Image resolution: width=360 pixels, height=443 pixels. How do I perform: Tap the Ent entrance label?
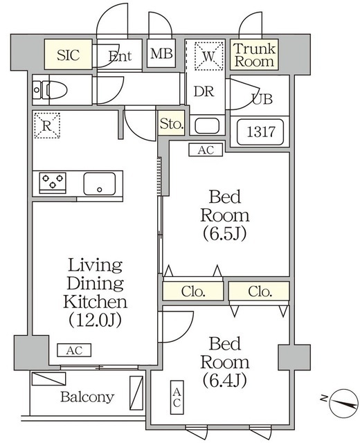[120, 56]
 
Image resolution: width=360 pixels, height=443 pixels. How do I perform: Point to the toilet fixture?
[54, 90]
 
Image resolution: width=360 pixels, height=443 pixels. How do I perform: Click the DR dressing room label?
[202, 91]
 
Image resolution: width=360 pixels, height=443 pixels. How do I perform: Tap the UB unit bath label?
[261, 99]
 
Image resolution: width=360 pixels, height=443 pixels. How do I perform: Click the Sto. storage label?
[172, 125]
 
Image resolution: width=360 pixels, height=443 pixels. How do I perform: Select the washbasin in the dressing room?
[206, 126]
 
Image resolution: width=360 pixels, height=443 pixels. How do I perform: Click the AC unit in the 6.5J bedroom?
[206, 149]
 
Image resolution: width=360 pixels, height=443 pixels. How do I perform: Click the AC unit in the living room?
[74, 351]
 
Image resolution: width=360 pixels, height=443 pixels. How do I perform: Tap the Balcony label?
[87, 398]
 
